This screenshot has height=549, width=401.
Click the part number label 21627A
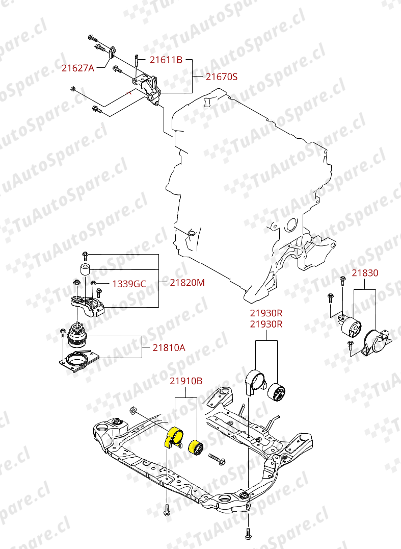pos(78,68)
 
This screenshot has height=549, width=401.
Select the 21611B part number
pos(166,60)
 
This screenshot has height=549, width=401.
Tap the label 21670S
pos(222,77)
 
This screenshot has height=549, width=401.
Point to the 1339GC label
pos(129,284)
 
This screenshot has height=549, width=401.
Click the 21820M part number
pos(187,282)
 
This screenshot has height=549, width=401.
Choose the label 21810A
pos(169,348)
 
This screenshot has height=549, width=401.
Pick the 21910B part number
pos(186,381)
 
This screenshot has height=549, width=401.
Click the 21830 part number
pos(365,273)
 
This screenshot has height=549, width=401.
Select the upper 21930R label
pos(265,313)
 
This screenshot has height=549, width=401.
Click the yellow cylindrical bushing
pos(196,447)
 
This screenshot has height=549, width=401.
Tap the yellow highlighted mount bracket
pos(173,437)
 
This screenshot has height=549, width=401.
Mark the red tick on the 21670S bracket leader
pos(129,93)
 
